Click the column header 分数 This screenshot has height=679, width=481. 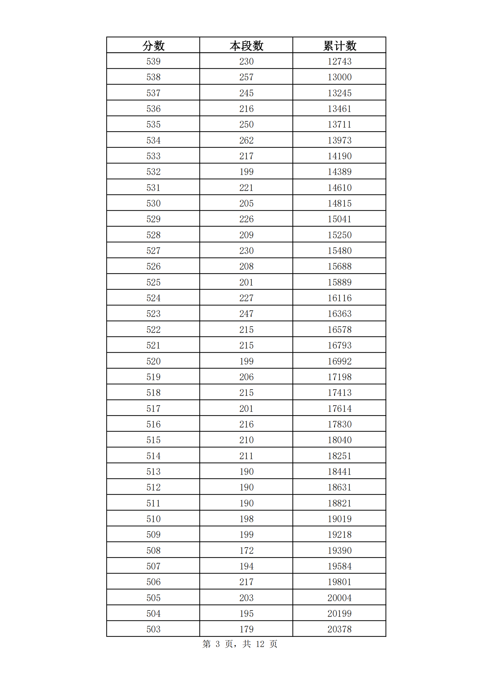[153, 46]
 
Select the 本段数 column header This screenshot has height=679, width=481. [246, 46]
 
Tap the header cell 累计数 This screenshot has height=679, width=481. [339, 46]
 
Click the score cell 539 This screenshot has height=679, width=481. [153, 62]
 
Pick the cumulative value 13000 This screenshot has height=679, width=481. [339, 77]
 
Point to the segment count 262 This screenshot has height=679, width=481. [246, 140]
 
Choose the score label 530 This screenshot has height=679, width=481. [153, 203]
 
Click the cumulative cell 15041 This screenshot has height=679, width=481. [339, 219]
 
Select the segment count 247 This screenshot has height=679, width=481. [246, 314]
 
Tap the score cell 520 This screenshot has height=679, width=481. [153, 361]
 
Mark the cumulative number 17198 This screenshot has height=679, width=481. [339, 377]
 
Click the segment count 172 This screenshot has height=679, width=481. [246, 550]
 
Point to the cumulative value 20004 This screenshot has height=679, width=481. [339, 598]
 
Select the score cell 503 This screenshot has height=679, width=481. [153, 629]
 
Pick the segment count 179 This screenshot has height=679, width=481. [246, 629]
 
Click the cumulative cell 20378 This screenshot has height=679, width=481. [339, 629]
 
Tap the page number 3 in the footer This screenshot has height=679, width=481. [218, 644]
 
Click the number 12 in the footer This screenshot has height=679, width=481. [260, 644]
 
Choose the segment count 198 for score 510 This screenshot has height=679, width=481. [246, 519]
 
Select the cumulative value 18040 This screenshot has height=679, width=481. [339, 440]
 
